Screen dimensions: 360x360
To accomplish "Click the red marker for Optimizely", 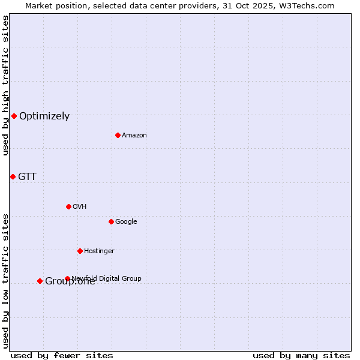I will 14,116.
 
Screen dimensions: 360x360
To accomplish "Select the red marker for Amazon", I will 118,135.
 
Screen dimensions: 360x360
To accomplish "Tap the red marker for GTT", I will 13,176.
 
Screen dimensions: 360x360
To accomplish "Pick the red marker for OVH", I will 68,206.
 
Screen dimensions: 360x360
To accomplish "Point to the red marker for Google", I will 111,221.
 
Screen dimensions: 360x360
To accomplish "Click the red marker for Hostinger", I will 80,251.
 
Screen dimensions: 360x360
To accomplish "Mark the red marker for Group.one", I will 40,281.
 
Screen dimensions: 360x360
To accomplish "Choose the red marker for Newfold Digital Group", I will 67,278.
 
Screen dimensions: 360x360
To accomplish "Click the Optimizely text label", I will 44,116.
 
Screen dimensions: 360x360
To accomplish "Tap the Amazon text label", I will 134,135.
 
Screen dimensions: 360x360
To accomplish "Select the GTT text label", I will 27,176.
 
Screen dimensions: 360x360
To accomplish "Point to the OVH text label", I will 80,206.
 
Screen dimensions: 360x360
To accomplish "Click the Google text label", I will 126,221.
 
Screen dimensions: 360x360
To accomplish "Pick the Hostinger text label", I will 99,251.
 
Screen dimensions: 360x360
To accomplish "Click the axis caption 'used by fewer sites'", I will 62,355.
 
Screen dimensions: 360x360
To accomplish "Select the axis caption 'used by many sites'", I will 301,355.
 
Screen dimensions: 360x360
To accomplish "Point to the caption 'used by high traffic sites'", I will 5,85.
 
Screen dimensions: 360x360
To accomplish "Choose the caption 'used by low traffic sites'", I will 5,281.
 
